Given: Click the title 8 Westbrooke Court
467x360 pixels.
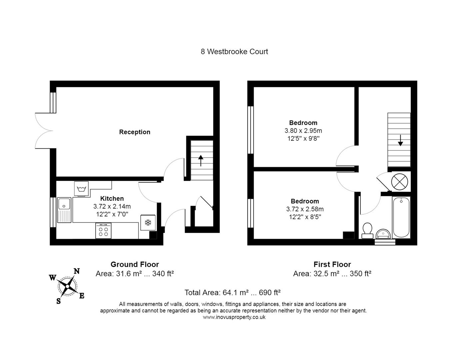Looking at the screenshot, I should tap(234, 52).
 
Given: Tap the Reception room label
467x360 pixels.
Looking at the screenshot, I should tap(135, 132).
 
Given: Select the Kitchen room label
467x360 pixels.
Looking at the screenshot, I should tap(112, 198).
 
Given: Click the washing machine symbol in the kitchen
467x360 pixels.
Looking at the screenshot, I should tap(82, 189).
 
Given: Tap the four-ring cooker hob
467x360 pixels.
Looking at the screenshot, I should tap(103, 231).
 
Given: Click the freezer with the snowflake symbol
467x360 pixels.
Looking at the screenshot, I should tap(148, 222).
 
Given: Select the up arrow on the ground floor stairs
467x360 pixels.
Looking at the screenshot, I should tap(201, 160).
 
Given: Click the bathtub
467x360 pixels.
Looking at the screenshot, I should tap(401, 217).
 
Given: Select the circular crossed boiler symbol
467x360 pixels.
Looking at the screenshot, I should tap(399, 182).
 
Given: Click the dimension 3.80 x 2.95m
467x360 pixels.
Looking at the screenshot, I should tap(303, 131).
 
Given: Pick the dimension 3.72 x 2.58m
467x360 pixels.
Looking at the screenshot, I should tap(305, 209).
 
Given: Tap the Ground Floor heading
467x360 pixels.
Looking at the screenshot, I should tap(135, 264).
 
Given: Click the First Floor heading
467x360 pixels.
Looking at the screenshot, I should tap(332, 264).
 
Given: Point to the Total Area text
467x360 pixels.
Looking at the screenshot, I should tap(232, 293).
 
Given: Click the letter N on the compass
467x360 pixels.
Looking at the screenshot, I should tap(76, 271).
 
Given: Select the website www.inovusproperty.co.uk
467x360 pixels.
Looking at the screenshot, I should tap(234, 317).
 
